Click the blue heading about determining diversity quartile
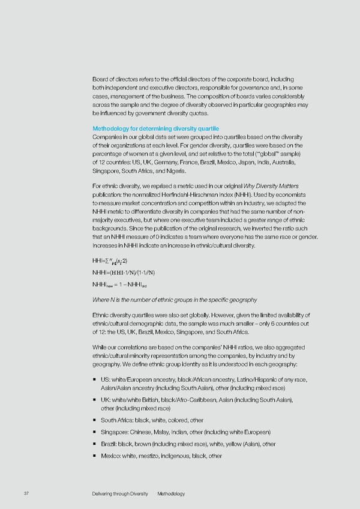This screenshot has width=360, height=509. click(155, 128)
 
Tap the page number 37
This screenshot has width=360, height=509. click(25, 493)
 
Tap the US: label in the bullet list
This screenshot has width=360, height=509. click(106, 380)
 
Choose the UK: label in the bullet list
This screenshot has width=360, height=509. click(106, 399)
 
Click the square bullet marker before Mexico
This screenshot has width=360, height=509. click(95, 456)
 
